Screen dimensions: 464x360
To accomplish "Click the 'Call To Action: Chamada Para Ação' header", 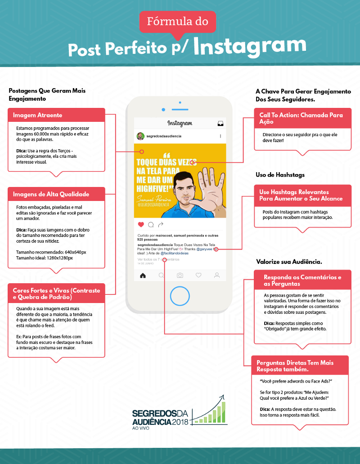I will (302, 118).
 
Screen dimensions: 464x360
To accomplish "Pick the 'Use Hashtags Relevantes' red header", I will (302, 195).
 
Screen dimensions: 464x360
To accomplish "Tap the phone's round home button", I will (180, 296).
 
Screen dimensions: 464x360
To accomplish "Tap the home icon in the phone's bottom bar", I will (143, 276).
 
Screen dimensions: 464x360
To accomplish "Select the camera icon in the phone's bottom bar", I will (180, 276).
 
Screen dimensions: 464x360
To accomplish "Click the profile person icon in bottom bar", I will (217, 276).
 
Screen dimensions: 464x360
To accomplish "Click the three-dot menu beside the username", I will (220, 136).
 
